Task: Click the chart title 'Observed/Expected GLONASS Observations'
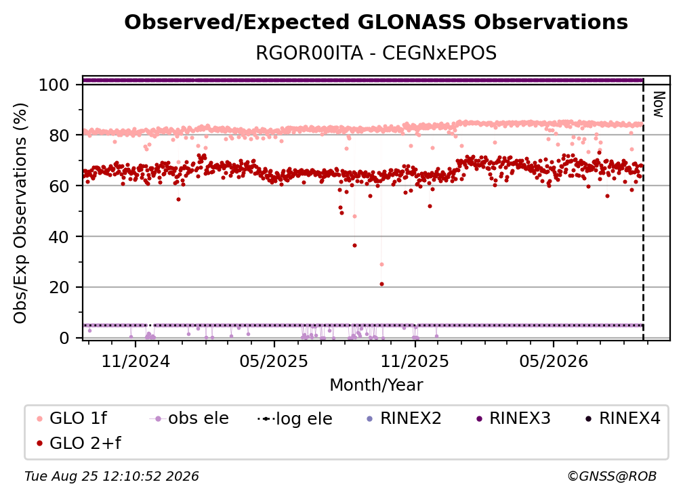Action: (x=376, y=22)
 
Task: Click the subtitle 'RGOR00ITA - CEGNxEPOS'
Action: (x=376, y=53)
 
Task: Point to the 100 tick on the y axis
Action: (x=54, y=85)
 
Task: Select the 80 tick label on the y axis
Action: (x=59, y=135)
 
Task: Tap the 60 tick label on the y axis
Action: (x=59, y=186)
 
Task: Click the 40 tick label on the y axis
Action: (x=59, y=237)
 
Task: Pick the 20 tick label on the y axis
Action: (x=59, y=288)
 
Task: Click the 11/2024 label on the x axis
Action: (x=136, y=361)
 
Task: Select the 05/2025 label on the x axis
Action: (x=274, y=361)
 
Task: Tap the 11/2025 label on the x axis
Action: (x=415, y=361)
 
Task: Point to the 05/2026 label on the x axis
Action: (x=553, y=361)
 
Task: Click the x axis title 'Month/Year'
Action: (x=376, y=385)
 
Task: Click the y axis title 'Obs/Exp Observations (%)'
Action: (x=20, y=213)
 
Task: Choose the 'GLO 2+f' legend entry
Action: (x=79, y=443)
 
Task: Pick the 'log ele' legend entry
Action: (x=295, y=418)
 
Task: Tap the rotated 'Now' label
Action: (x=658, y=104)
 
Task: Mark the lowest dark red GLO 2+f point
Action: (x=381, y=284)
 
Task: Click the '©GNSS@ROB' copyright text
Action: (x=612, y=476)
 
